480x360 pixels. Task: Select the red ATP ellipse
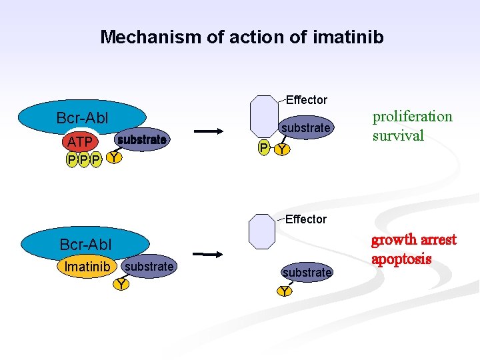80,143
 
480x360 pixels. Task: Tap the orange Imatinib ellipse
87,267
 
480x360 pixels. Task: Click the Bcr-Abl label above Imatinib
86,245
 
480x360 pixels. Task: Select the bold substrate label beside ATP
141,140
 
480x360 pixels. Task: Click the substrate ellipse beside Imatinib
149,267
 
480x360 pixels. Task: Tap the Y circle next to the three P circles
115,158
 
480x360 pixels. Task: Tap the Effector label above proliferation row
306,100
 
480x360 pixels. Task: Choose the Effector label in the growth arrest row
306,219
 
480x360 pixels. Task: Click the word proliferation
412,117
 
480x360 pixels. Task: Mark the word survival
398,136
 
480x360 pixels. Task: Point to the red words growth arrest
413,239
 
